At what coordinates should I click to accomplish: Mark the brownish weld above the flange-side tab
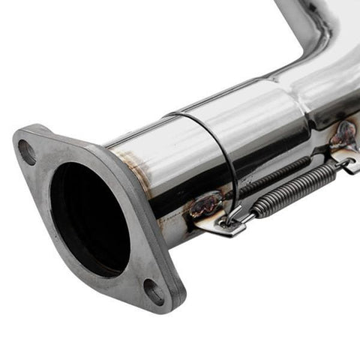click(x=204, y=204)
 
